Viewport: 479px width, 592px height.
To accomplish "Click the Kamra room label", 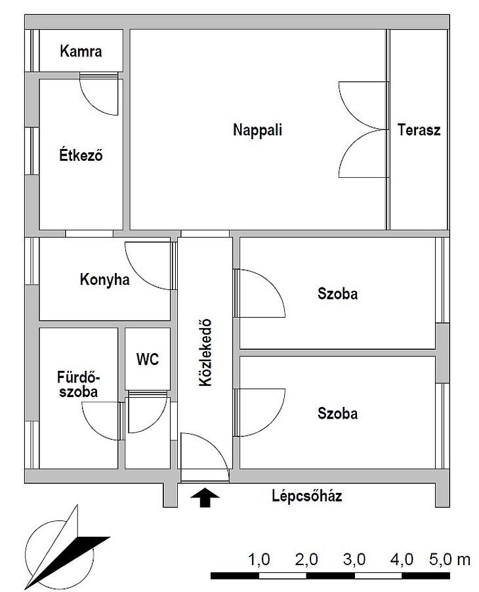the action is (x=81, y=51).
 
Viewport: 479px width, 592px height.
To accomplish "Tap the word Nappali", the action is (x=257, y=130).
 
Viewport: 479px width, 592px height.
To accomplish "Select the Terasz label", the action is (x=419, y=130).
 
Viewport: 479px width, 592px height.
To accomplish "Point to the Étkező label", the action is (x=81, y=155).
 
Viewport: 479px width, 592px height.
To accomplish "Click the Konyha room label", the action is (x=104, y=280).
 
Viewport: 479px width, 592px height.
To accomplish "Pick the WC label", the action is (x=148, y=360).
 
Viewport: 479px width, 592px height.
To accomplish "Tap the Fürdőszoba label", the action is (x=79, y=385).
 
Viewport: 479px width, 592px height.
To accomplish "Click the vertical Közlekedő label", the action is (x=205, y=352).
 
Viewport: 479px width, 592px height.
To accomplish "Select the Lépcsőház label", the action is (x=307, y=496).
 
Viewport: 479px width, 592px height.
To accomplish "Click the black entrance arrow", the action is (x=205, y=497).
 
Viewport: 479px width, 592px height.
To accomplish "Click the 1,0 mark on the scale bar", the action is (x=259, y=560).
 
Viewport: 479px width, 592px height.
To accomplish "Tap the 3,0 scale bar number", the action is (x=354, y=560).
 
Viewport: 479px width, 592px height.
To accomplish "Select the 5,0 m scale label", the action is (x=449, y=560).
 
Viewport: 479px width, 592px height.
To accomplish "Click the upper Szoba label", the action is (x=337, y=294).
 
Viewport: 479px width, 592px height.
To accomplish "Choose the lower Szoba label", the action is (x=337, y=413).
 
